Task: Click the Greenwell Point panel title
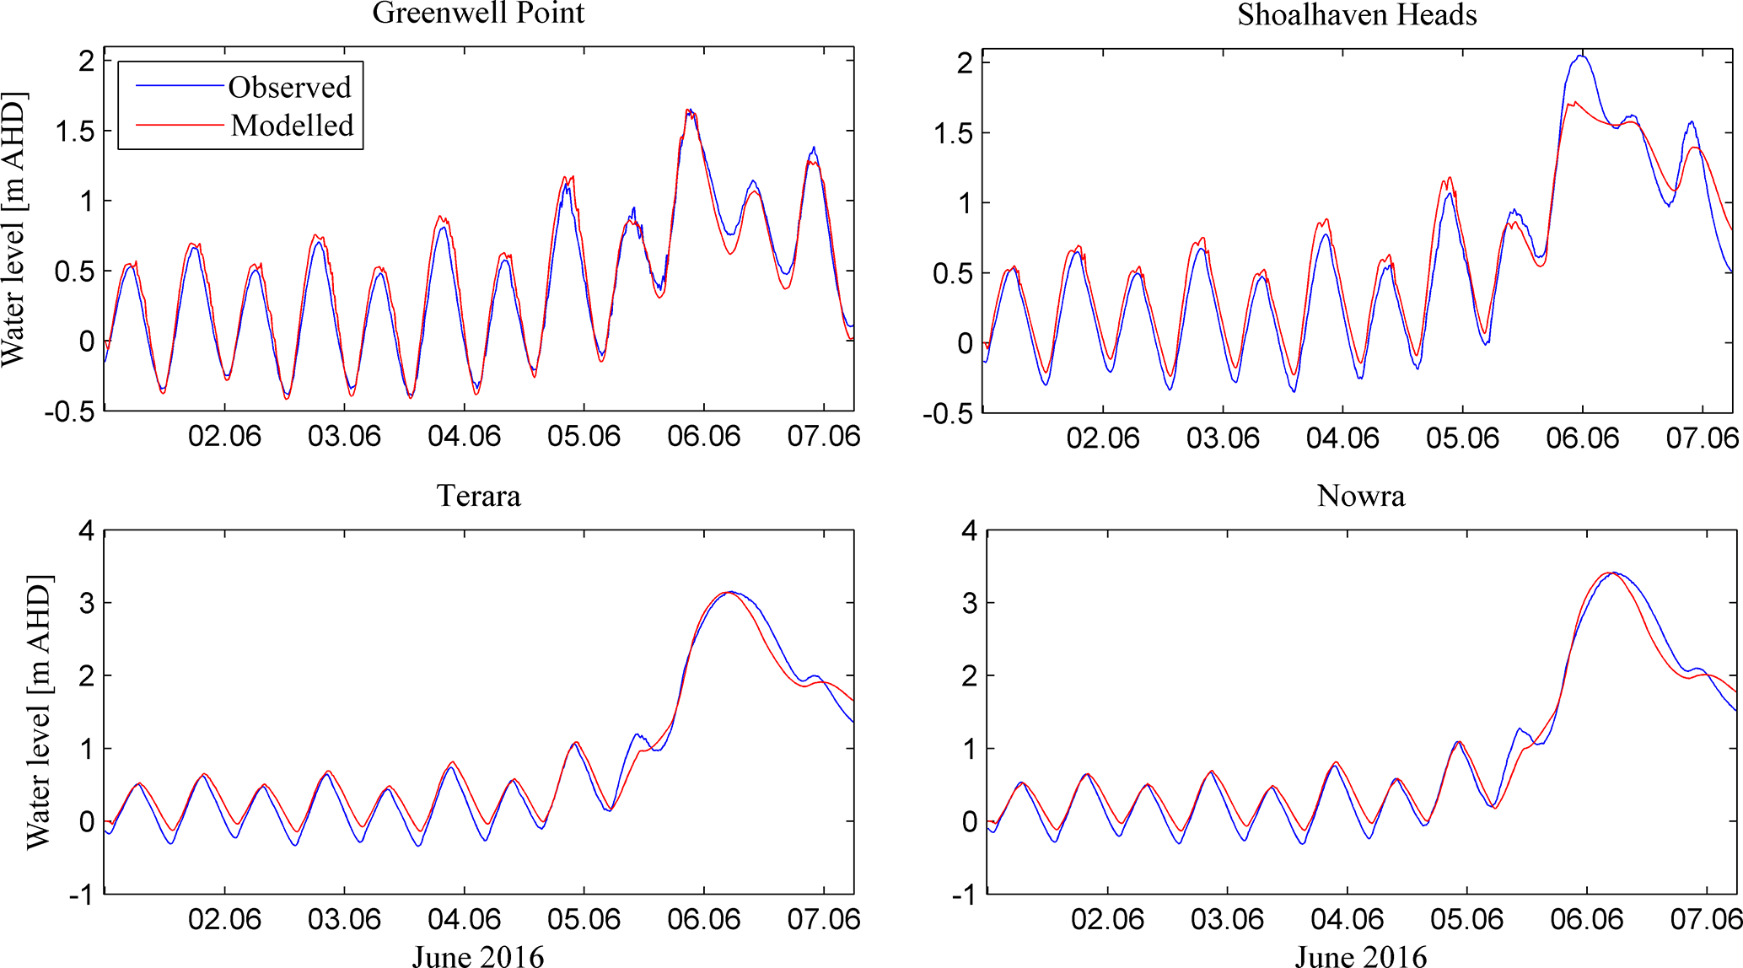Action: [478, 13]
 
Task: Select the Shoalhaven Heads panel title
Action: [1357, 15]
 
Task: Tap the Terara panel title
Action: [478, 496]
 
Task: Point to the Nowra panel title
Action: [1361, 496]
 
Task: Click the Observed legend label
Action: [289, 88]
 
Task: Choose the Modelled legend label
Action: [292, 126]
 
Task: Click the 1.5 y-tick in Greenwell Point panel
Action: [75, 132]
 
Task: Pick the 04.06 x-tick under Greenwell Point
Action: [464, 437]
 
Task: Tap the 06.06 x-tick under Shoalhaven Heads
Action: [1582, 438]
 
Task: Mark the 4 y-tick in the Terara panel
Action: [86, 531]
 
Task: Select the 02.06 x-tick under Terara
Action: [224, 919]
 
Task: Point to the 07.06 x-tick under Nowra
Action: [1706, 919]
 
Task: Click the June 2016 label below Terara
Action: [478, 956]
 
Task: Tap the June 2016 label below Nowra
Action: [1361, 956]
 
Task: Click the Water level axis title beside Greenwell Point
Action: [14, 229]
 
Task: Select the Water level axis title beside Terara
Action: [39, 713]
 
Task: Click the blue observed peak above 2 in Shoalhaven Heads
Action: [1581, 56]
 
